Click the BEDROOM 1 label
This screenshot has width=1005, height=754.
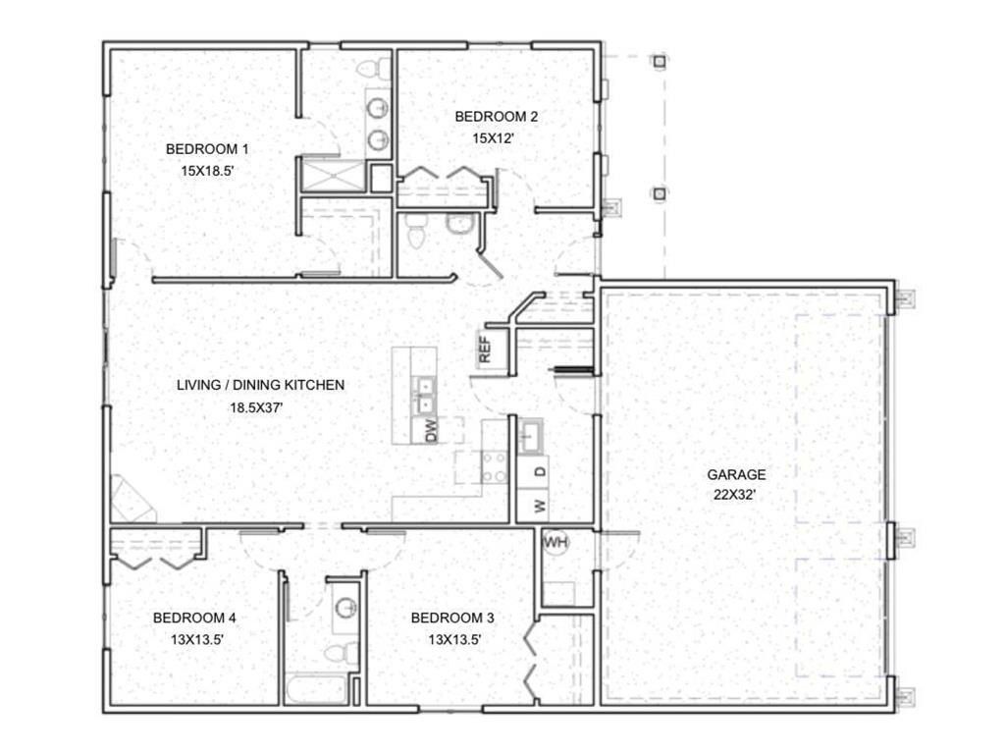pos(206,149)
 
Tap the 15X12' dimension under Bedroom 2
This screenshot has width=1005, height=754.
pos(495,138)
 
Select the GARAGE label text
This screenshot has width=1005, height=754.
pos(736,474)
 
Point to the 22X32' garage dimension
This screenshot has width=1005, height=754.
pos(736,495)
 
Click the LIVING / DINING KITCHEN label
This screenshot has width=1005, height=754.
pos(260,385)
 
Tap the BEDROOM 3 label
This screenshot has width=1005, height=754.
pos(451,619)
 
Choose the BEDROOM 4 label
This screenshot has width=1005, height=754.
pos(194,619)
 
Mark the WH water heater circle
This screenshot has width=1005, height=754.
pos(555,542)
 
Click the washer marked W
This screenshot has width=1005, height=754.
pos(539,506)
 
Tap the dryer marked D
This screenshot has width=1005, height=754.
pos(539,471)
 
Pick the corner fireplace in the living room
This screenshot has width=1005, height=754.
pos(131,501)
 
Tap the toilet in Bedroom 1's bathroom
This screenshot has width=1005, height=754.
pos(371,69)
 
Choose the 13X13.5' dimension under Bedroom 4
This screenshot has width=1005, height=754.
pos(194,639)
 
